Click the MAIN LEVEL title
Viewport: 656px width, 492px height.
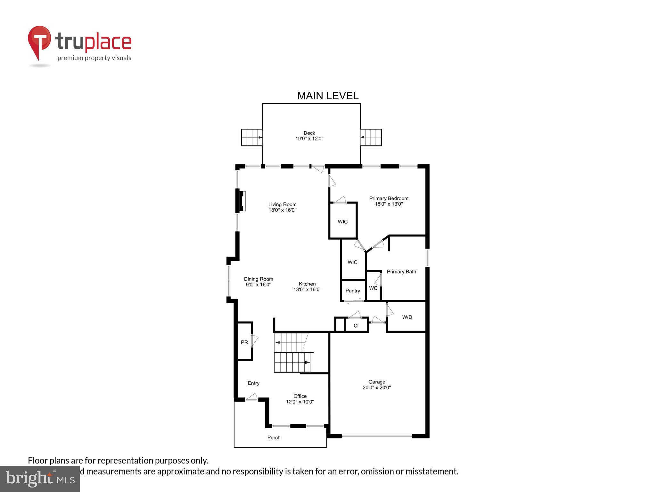328,96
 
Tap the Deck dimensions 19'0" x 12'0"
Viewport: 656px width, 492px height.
309,139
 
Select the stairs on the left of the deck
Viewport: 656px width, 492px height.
252,137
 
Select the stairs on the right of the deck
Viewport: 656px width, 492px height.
371,137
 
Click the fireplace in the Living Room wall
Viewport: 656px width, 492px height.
241,201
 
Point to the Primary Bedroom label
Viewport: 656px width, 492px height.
389,198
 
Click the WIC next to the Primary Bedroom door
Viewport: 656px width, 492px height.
343,221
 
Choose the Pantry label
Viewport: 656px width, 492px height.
353,291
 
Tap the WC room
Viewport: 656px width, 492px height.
373,288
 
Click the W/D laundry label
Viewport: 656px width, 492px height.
407,317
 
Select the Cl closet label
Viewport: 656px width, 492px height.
356,326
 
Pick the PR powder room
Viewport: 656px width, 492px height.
244,342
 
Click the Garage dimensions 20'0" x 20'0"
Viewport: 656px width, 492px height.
377,387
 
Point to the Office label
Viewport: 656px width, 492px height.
300,396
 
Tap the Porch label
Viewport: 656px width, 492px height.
274,437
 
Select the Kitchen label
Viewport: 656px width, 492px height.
307,284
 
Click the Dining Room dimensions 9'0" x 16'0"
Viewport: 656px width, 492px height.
258,284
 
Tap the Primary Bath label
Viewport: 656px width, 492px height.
401,272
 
